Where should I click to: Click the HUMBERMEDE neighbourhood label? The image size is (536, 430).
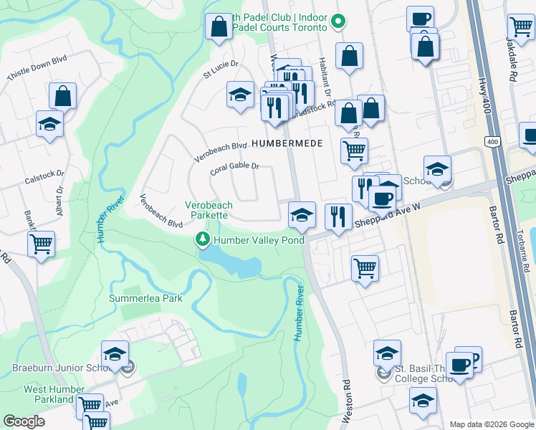pyautogui.click(x=287, y=143)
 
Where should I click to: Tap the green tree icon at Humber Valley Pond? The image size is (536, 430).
pyautogui.click(x=204, y=240)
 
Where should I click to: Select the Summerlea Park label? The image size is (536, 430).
pyautogui.click(x=145, y=298)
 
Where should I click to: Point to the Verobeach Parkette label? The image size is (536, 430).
pyautogui.click(x=207, y=210)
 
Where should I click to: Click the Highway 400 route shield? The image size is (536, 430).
pyautogui.click(x=492, y=141)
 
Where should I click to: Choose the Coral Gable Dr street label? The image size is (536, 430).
pyautogui.click(x=234, y=169)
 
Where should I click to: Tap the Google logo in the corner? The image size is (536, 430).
pyautogui.click(x=24, y=421)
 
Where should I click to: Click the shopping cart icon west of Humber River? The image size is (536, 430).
pyautogui.click(x=42, y=244)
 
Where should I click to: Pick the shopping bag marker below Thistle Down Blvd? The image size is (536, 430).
pyautogui.click(x=63, y=95)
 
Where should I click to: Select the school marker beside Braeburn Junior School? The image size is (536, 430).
pyautogui.click(x=115, y=354)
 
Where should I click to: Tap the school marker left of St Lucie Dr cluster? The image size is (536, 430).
pyautogui.click(x=240, y=95)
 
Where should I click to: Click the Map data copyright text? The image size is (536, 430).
pyautogui.click(x=491, y=424)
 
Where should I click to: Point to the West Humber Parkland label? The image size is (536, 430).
pyautogui.click(x=54, y=394)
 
